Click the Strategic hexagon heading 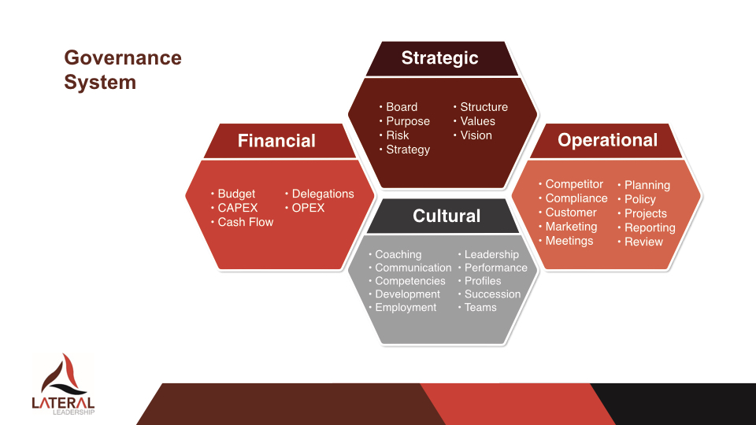click(439, 58)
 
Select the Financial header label click(276, 141)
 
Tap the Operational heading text click(607, 140)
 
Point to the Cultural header click(447, 216)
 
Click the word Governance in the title click(123, 57)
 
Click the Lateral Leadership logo click(63, 384)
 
